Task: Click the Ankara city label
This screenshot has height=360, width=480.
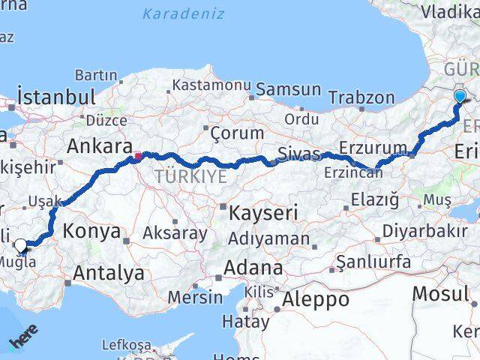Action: [100, 146]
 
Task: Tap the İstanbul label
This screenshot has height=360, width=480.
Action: [56, 97]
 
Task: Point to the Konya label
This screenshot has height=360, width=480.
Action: [91, 231]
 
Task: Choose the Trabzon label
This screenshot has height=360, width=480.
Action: [361, 97]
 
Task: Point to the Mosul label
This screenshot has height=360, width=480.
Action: [441, 293]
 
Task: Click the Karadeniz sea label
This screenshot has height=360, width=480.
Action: [183, 13]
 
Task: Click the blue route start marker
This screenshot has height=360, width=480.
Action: [460, 96]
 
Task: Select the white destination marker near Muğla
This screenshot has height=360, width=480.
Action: [20, 244]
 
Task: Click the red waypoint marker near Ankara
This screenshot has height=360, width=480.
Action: [138, 157]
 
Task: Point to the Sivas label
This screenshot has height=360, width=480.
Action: [298, 154]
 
